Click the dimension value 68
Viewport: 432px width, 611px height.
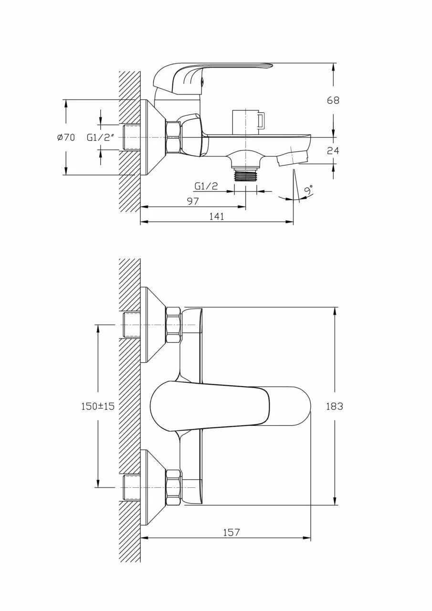point(333,100)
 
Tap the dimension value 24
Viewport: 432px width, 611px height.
point(333,150)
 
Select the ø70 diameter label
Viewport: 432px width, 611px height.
point(66,137)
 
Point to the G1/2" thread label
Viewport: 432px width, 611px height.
point(100,138)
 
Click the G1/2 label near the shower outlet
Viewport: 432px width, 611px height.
point(206,186)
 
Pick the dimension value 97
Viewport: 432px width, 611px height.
point(193,201)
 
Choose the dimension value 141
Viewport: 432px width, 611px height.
point(217,216)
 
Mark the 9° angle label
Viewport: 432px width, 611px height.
point(308,190)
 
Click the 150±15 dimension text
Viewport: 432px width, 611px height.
point(98,406)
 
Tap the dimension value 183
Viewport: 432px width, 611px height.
point(334,406)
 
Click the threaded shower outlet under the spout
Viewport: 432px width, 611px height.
point(245,174)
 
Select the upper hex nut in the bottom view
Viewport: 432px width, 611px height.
point(174,325)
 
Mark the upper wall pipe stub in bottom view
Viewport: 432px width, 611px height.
point(132,325)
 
